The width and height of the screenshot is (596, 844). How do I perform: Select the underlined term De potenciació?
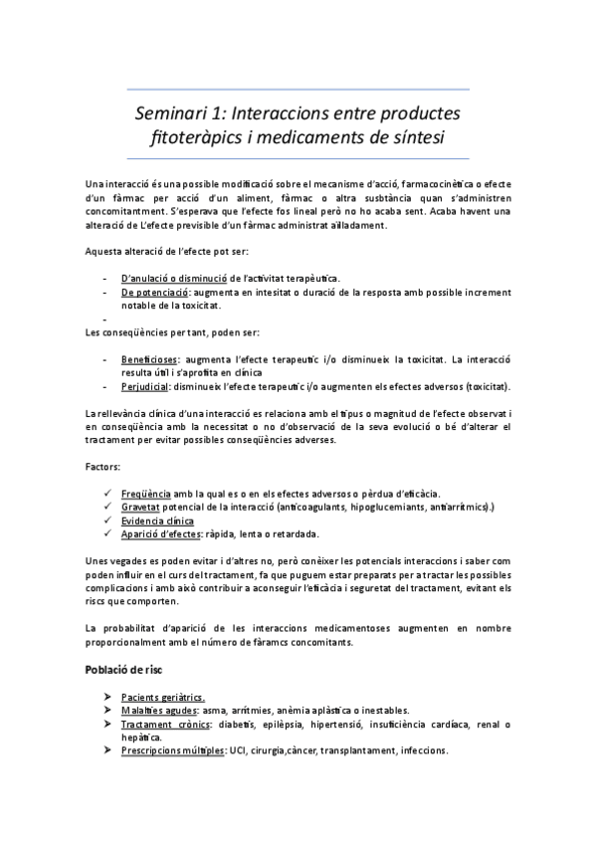coord(154,293)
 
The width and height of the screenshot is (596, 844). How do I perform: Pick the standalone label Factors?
coord(102,465)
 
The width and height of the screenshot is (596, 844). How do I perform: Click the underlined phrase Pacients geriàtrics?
coord(163,697)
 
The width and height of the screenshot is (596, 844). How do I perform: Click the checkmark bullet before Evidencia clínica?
coord(106,522)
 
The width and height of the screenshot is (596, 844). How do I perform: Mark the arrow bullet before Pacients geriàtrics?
coord(106,697)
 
